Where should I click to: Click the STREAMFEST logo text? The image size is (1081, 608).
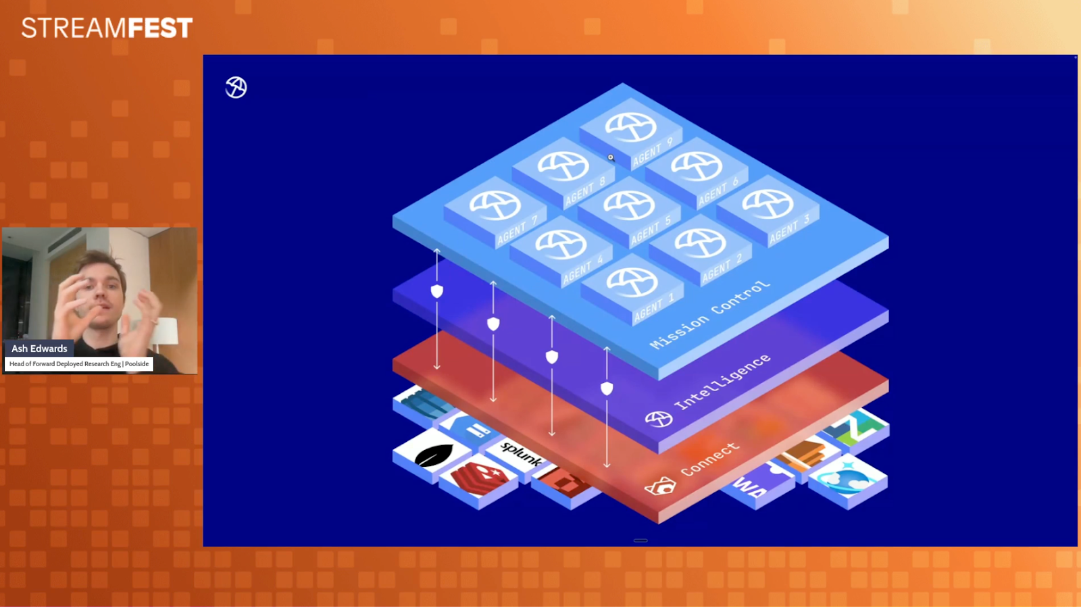pos(107,28)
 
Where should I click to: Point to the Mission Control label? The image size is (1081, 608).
pos(709,315)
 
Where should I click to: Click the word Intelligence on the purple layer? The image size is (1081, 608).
pos(722,382)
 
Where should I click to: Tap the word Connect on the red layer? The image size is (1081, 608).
pos(710,459)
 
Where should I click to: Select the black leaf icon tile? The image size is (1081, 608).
pos(432,455)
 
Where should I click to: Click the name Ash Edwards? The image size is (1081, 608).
pos(39,349)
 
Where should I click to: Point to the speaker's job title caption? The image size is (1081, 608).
pos(79,364)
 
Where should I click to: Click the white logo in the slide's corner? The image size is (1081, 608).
pos(236,87)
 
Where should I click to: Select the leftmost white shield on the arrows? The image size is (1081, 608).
pos(437,291)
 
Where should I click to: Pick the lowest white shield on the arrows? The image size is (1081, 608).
pos(607,388)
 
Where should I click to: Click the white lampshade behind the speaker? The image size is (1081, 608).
pos(167,330)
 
